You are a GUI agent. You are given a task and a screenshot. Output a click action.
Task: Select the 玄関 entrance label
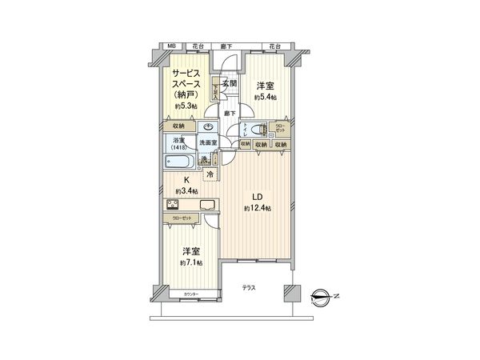230,84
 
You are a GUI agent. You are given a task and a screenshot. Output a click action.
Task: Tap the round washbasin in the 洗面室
209,128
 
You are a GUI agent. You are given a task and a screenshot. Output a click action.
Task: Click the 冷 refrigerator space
210,174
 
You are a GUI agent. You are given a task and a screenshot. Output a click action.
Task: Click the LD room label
258,196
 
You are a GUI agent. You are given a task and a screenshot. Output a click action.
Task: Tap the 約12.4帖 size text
258,209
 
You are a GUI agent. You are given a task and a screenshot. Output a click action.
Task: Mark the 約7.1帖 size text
191,262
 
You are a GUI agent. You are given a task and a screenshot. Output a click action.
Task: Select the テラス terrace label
250,288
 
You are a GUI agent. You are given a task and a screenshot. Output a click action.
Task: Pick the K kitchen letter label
186,180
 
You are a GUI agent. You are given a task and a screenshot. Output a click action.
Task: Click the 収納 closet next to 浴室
178,126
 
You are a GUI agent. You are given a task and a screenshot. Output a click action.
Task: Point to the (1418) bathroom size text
178,147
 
